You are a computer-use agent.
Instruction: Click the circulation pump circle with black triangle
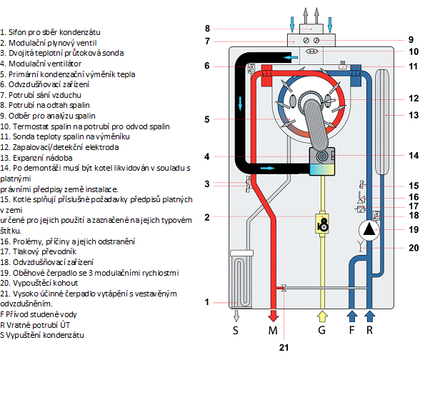coord(369,230)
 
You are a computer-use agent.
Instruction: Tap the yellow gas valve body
coord(322,224)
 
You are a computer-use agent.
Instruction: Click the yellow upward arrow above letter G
coord(322,316)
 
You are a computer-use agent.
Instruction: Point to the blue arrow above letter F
coord(352,316)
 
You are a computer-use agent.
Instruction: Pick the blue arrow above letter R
coord(370,316)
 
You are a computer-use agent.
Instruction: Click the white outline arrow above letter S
coord(236,316)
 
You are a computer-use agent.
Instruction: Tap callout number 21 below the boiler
coord(284,348)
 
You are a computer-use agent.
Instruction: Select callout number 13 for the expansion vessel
coord(414,115)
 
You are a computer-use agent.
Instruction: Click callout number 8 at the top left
coord(207,29)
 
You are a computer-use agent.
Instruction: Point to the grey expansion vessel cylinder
coord(382,122)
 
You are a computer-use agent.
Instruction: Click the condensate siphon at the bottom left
coord(241,279)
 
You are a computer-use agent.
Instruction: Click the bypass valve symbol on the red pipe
coord(284,288)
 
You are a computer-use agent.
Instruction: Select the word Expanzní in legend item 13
coord(27,158)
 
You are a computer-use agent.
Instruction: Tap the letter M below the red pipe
coord(273,331)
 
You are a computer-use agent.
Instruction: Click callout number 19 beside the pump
coord(414,230)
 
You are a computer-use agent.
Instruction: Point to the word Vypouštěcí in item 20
coord(31,283)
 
